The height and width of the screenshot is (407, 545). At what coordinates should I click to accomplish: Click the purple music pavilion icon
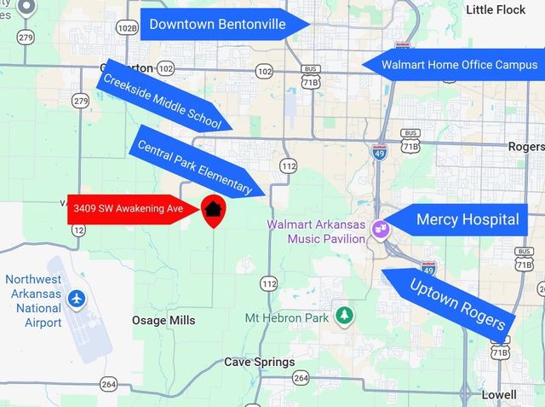(x=380, y=229)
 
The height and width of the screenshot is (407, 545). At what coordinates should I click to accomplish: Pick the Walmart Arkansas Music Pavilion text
(x=316, y=231)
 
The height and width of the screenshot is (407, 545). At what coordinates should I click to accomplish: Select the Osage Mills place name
(x=163, y=320)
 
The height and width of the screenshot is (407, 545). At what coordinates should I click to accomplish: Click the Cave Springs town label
(x=259, y=362)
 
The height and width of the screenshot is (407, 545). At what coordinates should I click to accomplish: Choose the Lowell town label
(x=497, y=394)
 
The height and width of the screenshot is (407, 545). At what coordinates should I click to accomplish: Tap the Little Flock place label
(x=496, y=9)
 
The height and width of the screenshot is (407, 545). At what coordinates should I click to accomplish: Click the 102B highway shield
(x=127, y=27)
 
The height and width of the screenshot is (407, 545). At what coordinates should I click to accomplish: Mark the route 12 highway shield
(x=79, y=230)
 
